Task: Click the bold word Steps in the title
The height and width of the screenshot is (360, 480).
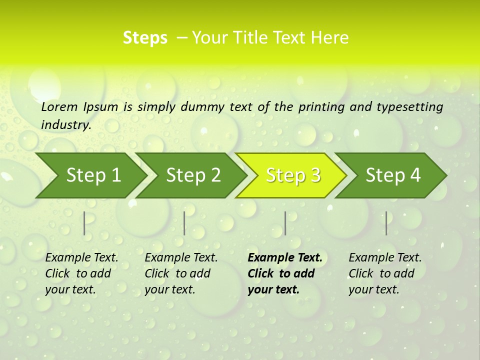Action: click(145, 38)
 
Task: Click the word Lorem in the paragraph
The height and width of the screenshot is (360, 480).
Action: click(59, 106)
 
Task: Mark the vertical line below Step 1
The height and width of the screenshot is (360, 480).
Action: click(84, 223)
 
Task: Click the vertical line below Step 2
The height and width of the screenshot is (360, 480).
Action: click(184, 223)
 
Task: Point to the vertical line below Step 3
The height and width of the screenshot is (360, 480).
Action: click(285, 223)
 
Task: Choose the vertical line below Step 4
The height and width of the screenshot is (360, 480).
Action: click(386, 223)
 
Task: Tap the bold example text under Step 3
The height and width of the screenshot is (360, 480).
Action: click(284, 273)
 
